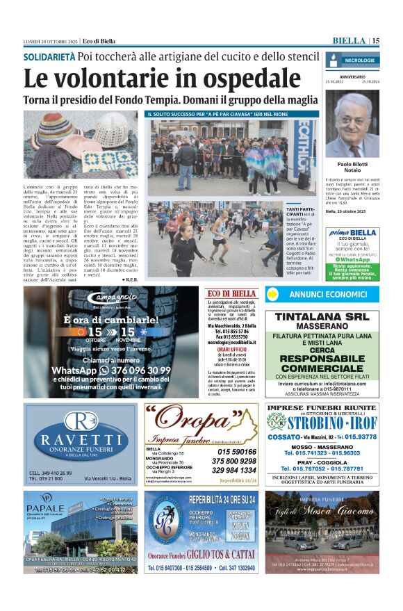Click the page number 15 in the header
[x=375, y=41]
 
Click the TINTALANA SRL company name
[x=321, y=316]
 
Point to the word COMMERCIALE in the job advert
[x=321, y=368]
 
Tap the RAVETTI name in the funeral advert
[x=81, y=439]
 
